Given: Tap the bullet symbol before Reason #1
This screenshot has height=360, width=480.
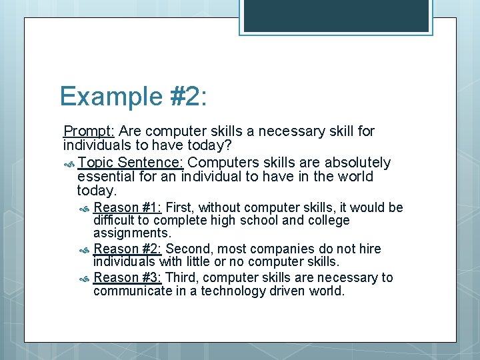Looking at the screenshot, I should coord(85,209).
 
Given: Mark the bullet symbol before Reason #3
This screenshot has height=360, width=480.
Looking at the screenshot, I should coord(85,278).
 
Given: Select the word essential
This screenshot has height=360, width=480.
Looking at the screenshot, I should coord(106,177).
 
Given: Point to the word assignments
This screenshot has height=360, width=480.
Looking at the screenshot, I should coord(132,233).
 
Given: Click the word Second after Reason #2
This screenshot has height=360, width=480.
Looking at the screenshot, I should coord(187,249).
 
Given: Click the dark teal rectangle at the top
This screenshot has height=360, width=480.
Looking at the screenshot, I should coord(336,15).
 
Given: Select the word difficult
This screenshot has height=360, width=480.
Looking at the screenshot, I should coord(114,221).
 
